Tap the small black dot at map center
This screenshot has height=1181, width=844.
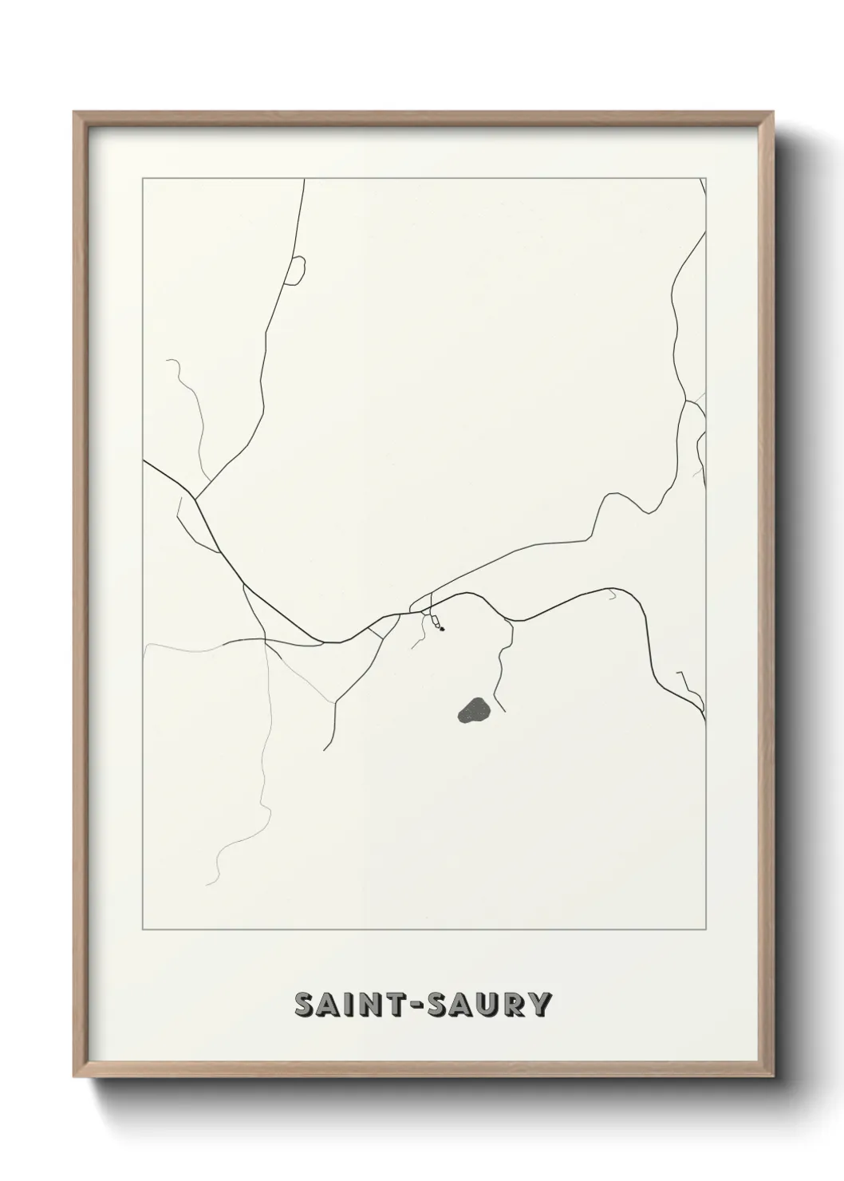(441, 629)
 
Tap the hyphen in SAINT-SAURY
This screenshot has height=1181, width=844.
(416, 1005)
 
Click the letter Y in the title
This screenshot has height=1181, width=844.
(540, 1005)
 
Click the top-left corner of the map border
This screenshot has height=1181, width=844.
(143, 179)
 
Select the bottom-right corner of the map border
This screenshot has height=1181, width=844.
(705, 930)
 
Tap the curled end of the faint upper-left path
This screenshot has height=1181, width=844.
(168, 361)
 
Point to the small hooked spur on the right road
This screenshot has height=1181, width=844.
(613, 594)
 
